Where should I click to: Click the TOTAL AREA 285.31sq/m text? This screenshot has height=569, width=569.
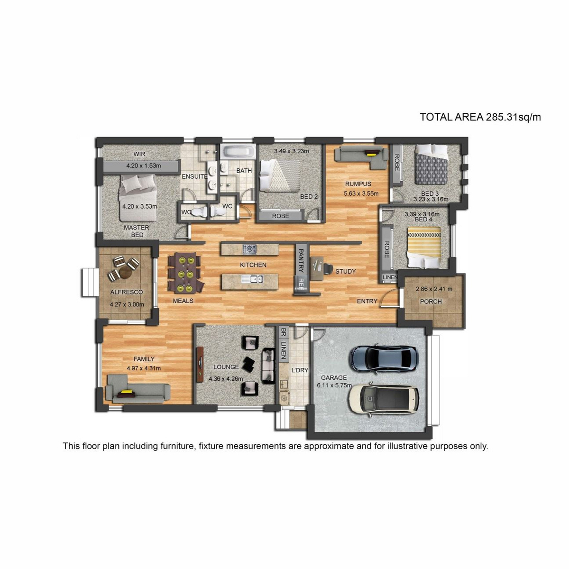480,117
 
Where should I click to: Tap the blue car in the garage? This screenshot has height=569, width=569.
384,358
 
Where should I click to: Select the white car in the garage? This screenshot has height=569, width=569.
384,399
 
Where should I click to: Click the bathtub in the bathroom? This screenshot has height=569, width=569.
239,152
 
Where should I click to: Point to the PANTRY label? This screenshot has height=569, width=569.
301,260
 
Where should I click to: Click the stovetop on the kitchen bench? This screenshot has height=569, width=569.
249,249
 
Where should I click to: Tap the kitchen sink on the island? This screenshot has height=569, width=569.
252,279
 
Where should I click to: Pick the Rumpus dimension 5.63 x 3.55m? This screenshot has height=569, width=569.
361,194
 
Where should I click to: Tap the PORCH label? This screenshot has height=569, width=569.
431,302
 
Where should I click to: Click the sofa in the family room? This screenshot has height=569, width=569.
138,389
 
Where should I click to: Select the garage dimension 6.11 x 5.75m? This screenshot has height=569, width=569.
334,385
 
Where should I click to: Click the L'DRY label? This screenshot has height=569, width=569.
300,370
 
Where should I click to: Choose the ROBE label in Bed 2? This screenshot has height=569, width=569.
281,216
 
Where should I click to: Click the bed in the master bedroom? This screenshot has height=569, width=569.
138,198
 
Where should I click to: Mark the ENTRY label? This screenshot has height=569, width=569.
367,301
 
